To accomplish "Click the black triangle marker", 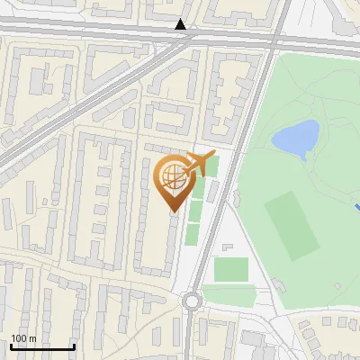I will click(x=182, y=24).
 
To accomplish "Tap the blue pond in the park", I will click(x=295, y=138).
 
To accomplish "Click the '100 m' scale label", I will click(x=23, y=338).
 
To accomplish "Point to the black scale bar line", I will click(x=42, y=347).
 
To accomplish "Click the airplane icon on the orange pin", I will click(x=197, y=164).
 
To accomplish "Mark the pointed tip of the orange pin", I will click(x=173, y=211).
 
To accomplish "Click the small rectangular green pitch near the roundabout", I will click(x=231, y=268).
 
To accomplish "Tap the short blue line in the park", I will click(x=357, y=207).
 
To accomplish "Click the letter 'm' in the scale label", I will click(x=31, y=338).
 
